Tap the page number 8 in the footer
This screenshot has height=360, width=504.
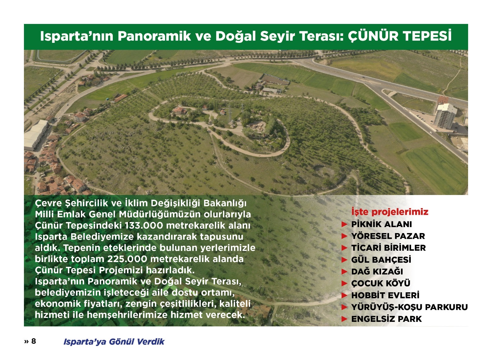click(x=33, y=341)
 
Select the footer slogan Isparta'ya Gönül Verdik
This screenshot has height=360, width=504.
click(x=114, y=342)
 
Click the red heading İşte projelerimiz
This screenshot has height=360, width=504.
click(x=390, y=212)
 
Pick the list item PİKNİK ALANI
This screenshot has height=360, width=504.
click(x=381, y=224)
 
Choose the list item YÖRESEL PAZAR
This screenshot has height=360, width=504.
click(x=388, y=236)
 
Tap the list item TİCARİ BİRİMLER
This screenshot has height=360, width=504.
click(x=389, y=248)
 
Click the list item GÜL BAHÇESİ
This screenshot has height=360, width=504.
click(x=381, y=260)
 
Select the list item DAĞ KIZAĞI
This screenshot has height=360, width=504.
click(x=377, y=271)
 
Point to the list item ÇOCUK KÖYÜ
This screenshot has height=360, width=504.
click(x=381, y=283)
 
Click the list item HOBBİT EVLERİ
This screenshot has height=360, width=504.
click(x=386, y=295)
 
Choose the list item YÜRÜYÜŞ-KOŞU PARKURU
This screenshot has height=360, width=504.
click(x=409, y=307)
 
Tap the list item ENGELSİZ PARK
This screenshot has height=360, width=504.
click(x=387, y=319)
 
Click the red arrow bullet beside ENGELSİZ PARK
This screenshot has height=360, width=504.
click(x=345, y=319)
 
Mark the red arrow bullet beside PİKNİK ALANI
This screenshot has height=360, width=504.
click(x=345, y=224)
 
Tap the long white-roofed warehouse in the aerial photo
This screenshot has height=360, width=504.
click(x=36, y=135)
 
